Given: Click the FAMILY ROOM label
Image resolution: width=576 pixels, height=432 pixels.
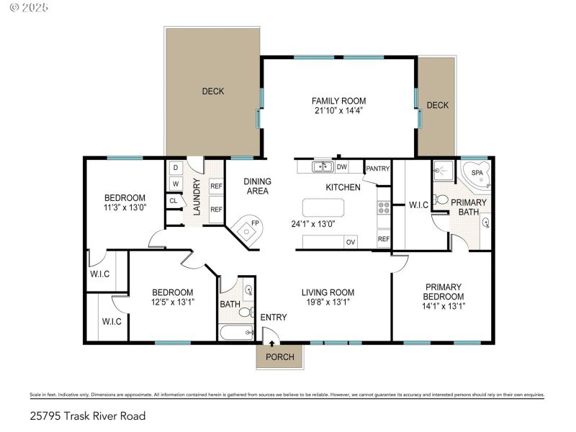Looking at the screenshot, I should coord(338,101).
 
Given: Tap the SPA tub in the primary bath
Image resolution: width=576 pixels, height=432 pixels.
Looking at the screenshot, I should coord(477,174).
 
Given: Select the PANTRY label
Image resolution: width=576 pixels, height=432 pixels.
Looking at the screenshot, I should coord(377,169).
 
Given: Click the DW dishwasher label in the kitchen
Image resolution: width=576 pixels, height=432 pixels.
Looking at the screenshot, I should coord(342,167).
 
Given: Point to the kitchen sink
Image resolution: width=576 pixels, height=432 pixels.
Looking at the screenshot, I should coord(322,167).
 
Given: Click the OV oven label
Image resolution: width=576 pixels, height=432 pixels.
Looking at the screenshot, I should coord(351,242).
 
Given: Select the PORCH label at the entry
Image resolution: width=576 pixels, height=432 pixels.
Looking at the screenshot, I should coord(280,357).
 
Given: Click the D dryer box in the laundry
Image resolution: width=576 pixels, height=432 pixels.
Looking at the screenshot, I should coord(175,168).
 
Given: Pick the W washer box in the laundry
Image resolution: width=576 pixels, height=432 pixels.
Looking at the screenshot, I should coord(175,184).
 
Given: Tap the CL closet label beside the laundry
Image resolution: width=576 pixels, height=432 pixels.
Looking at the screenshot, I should coord(173,201).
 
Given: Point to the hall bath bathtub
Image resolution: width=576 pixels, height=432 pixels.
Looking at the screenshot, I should coord(235,332).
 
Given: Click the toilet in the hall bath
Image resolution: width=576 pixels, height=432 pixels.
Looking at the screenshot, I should coord(244,312).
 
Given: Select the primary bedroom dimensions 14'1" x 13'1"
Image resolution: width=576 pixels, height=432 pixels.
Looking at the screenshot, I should coord(443,305).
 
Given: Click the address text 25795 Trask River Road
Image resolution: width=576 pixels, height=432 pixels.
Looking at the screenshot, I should coord(88,415).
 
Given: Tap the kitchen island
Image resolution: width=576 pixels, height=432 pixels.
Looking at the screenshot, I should coord(323,208).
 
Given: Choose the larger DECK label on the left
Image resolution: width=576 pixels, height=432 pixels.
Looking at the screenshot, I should coord(212,91).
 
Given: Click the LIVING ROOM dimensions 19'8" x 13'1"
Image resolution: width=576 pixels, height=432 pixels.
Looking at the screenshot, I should coord(328,302).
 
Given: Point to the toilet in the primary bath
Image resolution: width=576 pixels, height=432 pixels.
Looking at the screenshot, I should coord(442,199).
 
